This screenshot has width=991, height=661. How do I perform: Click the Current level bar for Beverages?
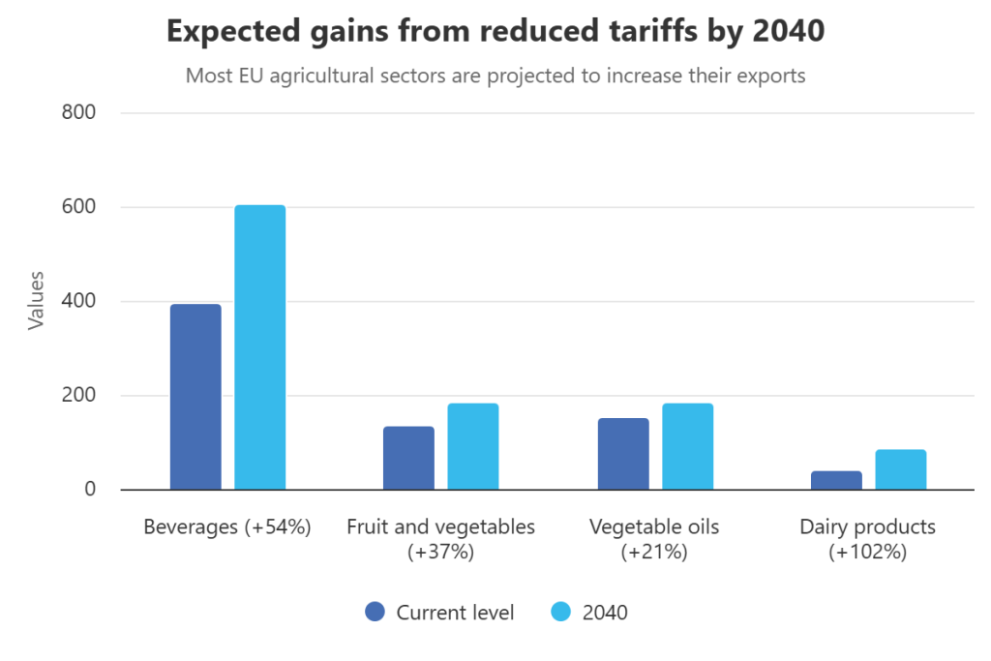[195, 397]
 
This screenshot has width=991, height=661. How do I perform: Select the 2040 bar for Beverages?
[260, 347]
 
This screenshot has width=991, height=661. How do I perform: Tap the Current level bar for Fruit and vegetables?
[408, 458]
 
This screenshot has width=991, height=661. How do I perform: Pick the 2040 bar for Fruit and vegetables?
[473, 446]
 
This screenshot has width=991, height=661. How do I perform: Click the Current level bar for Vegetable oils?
[623, 454]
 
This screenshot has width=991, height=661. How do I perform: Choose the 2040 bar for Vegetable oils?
[688, 446]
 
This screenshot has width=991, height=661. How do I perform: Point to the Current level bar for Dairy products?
[836, 480]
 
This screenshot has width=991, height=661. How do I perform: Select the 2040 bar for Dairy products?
[901, 469]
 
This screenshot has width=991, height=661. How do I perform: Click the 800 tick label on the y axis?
[79, 113]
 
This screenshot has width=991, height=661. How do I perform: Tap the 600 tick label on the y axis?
[79, 207]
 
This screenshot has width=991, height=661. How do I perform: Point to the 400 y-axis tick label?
[79, 302]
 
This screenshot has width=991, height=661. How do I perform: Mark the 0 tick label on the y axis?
[90, 490]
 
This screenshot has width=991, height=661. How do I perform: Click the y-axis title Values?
[37, 301]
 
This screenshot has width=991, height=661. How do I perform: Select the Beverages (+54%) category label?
[226, 527]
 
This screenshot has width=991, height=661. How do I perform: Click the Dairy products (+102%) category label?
[868, 539]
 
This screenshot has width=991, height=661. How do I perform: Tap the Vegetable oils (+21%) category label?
[655, 539]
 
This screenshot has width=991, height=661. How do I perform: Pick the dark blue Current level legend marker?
[375, 612]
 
